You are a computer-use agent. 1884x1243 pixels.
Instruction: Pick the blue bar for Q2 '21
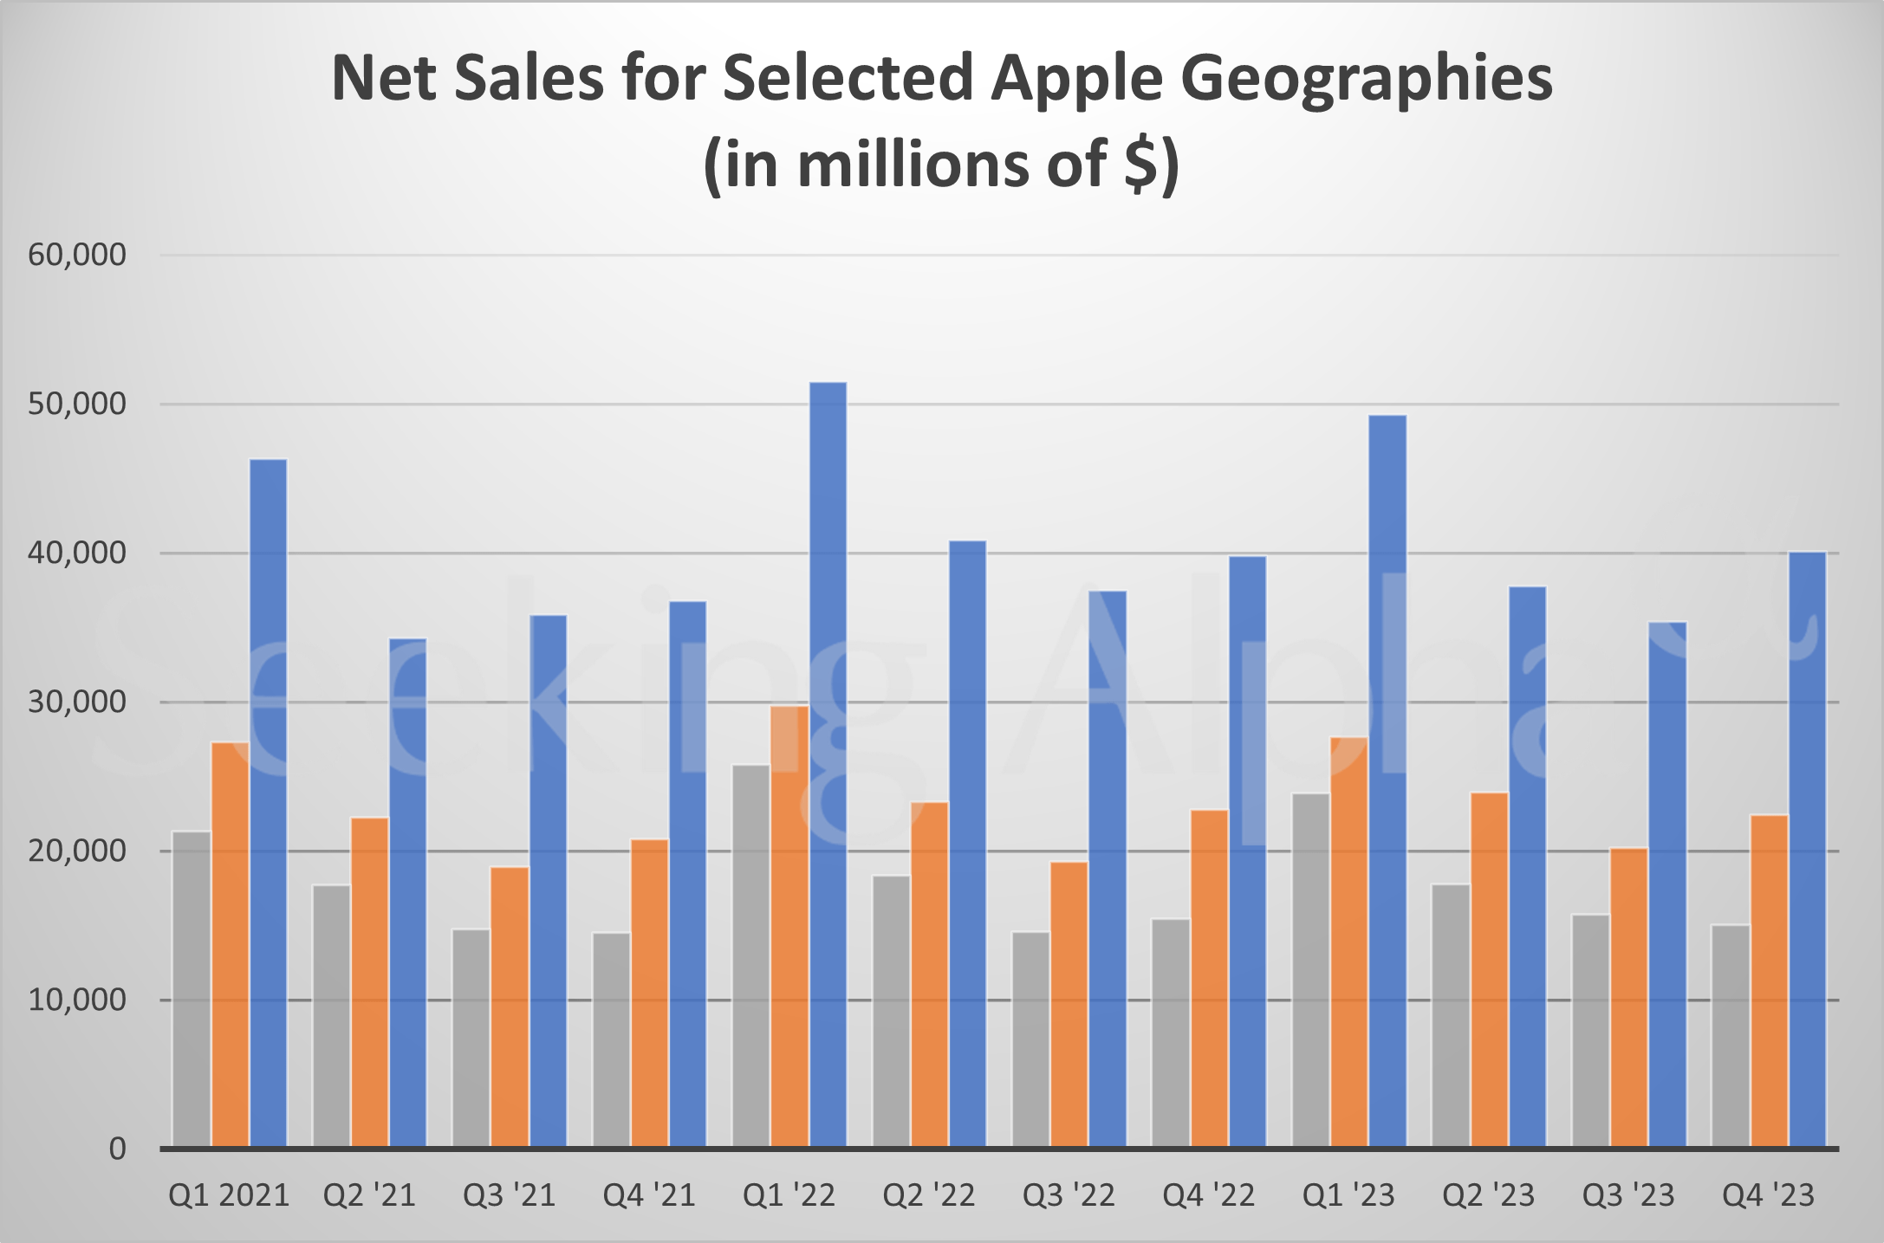pyautogui.click(x=407, y=892)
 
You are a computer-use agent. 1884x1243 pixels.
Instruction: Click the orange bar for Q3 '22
pyautogui.click(x=1069, y=1005)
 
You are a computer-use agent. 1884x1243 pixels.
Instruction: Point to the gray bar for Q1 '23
pyautogui.click(x=1310, y=970)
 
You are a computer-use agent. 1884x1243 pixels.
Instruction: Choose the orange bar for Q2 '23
pyautogui.click(x=1489, y=970)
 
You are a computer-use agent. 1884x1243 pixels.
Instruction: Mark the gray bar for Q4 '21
pyautogui.click(x=611, y=1039)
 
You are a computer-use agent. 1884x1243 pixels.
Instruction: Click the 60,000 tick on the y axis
pyautogui.click(x=77, y=255)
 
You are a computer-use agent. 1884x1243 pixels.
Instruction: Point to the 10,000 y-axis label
pyautogui.click(x=77, y=1000)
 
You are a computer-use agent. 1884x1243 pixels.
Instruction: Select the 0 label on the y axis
pyautogui.click(x=117, y=1149)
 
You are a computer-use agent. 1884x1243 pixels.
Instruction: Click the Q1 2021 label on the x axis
pyautogui.click(x=229, y=1195)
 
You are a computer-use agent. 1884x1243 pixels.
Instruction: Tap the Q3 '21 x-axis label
pyautogui.click(x=509, y=1195)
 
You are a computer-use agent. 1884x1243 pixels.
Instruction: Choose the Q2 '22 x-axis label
pyautogui.click(x=928, y=1195)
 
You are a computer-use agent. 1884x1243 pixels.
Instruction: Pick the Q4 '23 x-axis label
pyautogui.click(x=1768, y=1195)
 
